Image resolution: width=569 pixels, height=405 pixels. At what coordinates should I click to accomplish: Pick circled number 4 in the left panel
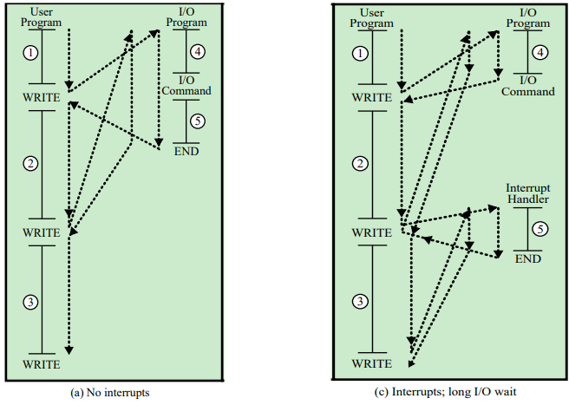coord(199,52)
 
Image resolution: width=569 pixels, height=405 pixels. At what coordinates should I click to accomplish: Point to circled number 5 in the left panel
coord(199,121)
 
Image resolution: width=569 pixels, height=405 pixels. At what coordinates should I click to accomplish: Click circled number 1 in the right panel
coord(360,54)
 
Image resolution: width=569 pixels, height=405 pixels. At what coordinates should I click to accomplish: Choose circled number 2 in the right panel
coord(360,164)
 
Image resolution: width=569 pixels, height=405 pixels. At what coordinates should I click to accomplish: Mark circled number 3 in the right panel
coord(360,301)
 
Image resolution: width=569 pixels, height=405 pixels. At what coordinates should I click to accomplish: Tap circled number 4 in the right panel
coord(540,52)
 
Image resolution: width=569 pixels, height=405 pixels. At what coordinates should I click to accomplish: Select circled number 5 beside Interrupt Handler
coord(540,230)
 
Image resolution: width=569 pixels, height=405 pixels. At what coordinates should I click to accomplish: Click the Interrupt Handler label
coord(527,194)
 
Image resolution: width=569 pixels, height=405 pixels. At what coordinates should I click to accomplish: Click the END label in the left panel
coord(186,151)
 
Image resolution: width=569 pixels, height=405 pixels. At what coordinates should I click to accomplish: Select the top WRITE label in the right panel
coord(370,97)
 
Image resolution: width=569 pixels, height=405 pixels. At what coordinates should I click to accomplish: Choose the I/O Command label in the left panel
coord(186,85)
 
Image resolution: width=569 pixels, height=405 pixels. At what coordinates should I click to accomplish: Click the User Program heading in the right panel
coord(370,17)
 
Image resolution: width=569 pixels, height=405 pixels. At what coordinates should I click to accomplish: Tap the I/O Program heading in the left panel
coord(186,17)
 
